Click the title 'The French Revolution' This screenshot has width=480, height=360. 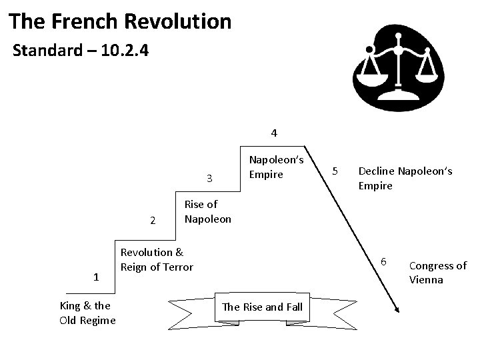[x=121, y=21]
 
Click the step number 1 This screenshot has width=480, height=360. [x=97, y=277]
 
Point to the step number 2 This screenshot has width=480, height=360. [x=153, y=221]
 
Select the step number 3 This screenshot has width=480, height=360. [x=209, y=178]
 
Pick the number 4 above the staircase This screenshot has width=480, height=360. [x=274, y=133]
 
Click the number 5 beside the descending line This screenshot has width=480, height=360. [x=337, y=171]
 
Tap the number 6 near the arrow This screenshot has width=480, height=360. [x=383, y=260]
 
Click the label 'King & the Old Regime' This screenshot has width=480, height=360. [x=87, y=313]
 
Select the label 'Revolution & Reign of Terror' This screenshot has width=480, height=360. [x=156, y=259]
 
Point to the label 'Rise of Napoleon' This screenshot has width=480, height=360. [x=207, y=211]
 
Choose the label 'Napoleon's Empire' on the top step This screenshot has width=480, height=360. [x=276, y=167]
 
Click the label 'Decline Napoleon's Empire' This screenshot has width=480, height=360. [x=405, y=178]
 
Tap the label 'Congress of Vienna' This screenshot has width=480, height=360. [x=437, y=272]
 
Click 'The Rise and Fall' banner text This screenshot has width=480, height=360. [x=262, y=307]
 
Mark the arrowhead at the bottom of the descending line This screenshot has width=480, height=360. [x=397, y=308]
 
